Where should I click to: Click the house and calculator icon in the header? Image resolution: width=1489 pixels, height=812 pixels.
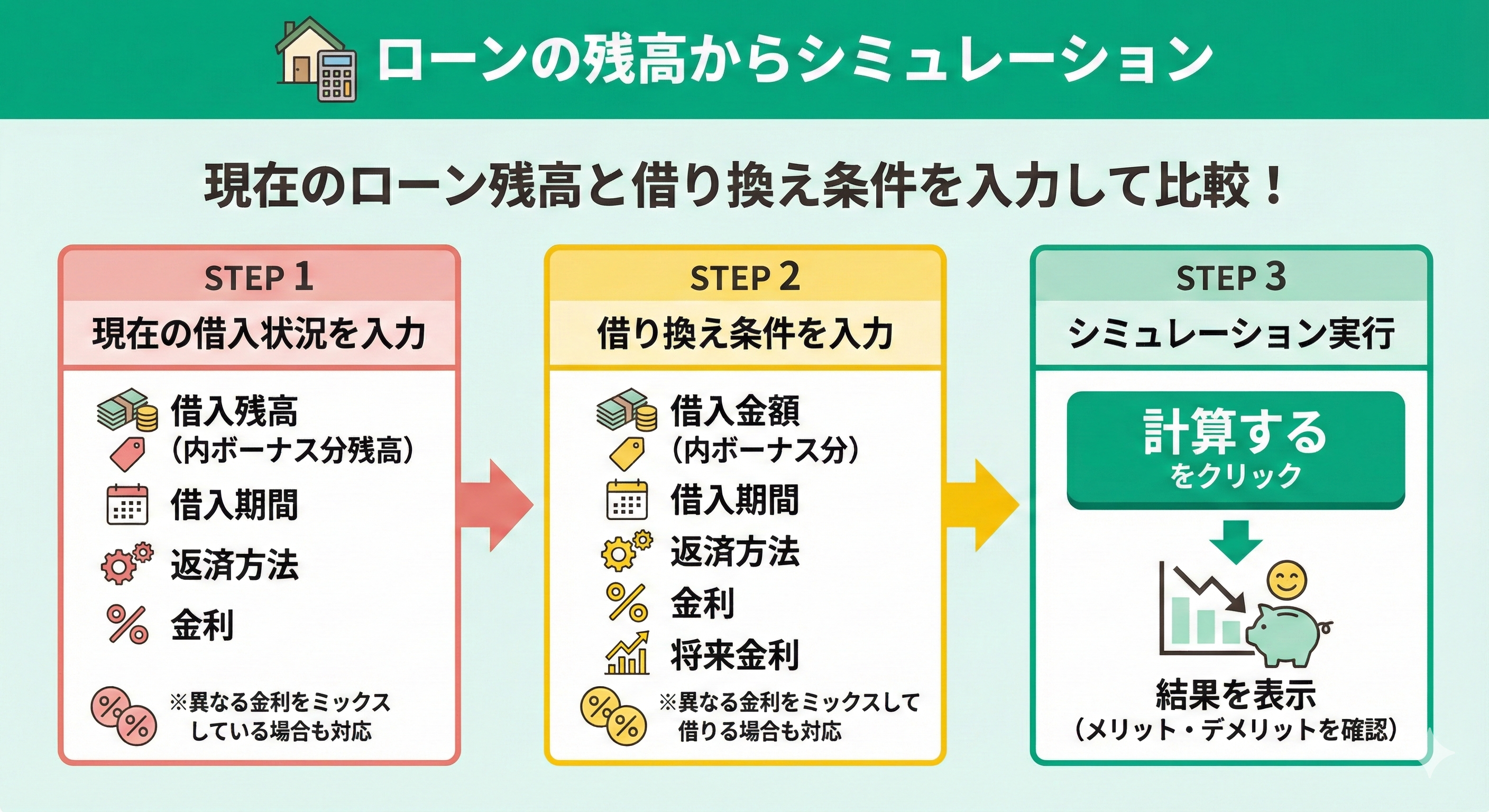tap(316, 60)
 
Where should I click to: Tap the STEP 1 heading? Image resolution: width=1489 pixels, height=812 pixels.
tap(259, 278)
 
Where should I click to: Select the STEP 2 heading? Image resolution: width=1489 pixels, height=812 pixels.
tap(744, 278)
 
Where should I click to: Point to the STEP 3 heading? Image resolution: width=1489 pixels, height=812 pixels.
tap(1230, 278)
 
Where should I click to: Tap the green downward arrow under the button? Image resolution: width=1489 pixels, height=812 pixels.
tap(1236, 541)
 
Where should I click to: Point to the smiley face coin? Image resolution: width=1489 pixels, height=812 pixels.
tap(1286, 581)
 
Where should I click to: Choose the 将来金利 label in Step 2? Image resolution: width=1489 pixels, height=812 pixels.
tap(734, 656)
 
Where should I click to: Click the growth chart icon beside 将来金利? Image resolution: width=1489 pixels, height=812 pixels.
tap(627, 653)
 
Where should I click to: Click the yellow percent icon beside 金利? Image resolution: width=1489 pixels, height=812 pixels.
tap(627, 603)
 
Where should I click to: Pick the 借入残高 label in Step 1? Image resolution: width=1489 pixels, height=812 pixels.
tap(234, 411)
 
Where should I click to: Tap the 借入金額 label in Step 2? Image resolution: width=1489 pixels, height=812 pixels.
tap(734, 411)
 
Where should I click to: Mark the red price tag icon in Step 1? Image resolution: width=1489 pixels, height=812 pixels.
tap(127, 454)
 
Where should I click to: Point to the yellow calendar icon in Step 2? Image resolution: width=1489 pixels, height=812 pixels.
tap(627, 500)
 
